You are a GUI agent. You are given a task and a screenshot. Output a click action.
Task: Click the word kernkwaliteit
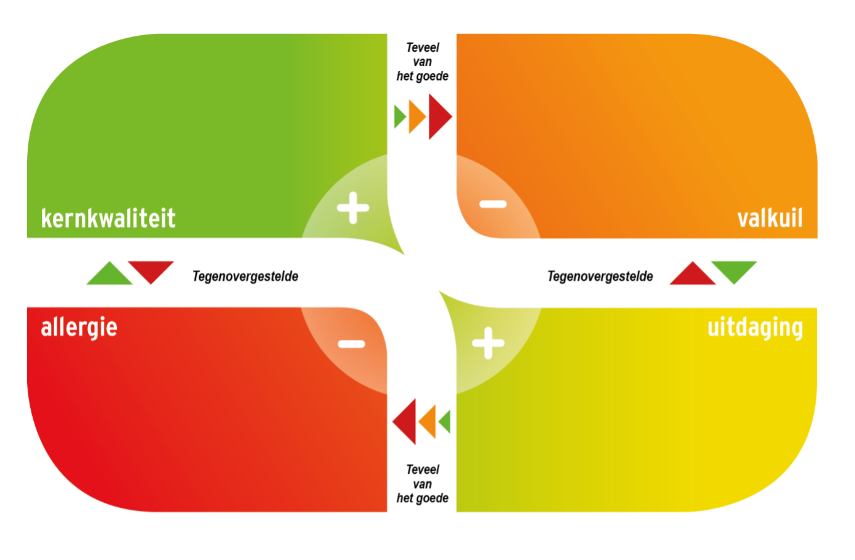point(108,218)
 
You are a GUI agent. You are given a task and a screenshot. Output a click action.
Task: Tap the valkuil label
point(770,218)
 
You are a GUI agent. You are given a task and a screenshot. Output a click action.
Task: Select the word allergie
point(79,327)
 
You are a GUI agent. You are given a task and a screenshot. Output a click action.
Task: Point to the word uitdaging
point(755,327)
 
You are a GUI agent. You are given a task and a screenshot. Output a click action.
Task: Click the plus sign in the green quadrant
point(353,208)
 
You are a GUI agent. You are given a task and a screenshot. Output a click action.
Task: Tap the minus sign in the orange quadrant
point(493,204)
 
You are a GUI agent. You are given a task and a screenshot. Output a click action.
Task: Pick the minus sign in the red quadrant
point(352,344)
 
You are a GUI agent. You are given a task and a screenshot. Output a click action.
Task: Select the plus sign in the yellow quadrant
point(488,343)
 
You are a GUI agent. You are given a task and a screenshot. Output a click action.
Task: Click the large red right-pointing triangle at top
point(440,116)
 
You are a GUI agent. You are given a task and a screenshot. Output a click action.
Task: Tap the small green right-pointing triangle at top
point(399,117)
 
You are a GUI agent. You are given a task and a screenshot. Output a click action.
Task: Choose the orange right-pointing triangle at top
point(417,116)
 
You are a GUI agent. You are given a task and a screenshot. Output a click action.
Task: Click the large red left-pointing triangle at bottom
point(404,422)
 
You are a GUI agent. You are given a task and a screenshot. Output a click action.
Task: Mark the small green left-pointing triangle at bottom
point(445,422)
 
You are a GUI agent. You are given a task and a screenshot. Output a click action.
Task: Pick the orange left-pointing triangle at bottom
point(427,422)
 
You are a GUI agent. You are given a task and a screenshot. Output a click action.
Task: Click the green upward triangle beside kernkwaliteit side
point(109,273)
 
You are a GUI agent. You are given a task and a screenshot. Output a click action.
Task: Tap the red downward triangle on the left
point(151,273)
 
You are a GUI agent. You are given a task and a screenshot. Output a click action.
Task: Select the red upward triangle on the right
point(693,273)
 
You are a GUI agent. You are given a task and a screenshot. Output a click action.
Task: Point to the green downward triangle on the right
point(734,273)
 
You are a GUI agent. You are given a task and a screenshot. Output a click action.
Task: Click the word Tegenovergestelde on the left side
point(245,276)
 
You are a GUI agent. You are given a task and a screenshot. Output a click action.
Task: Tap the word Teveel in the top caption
point(423,47)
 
